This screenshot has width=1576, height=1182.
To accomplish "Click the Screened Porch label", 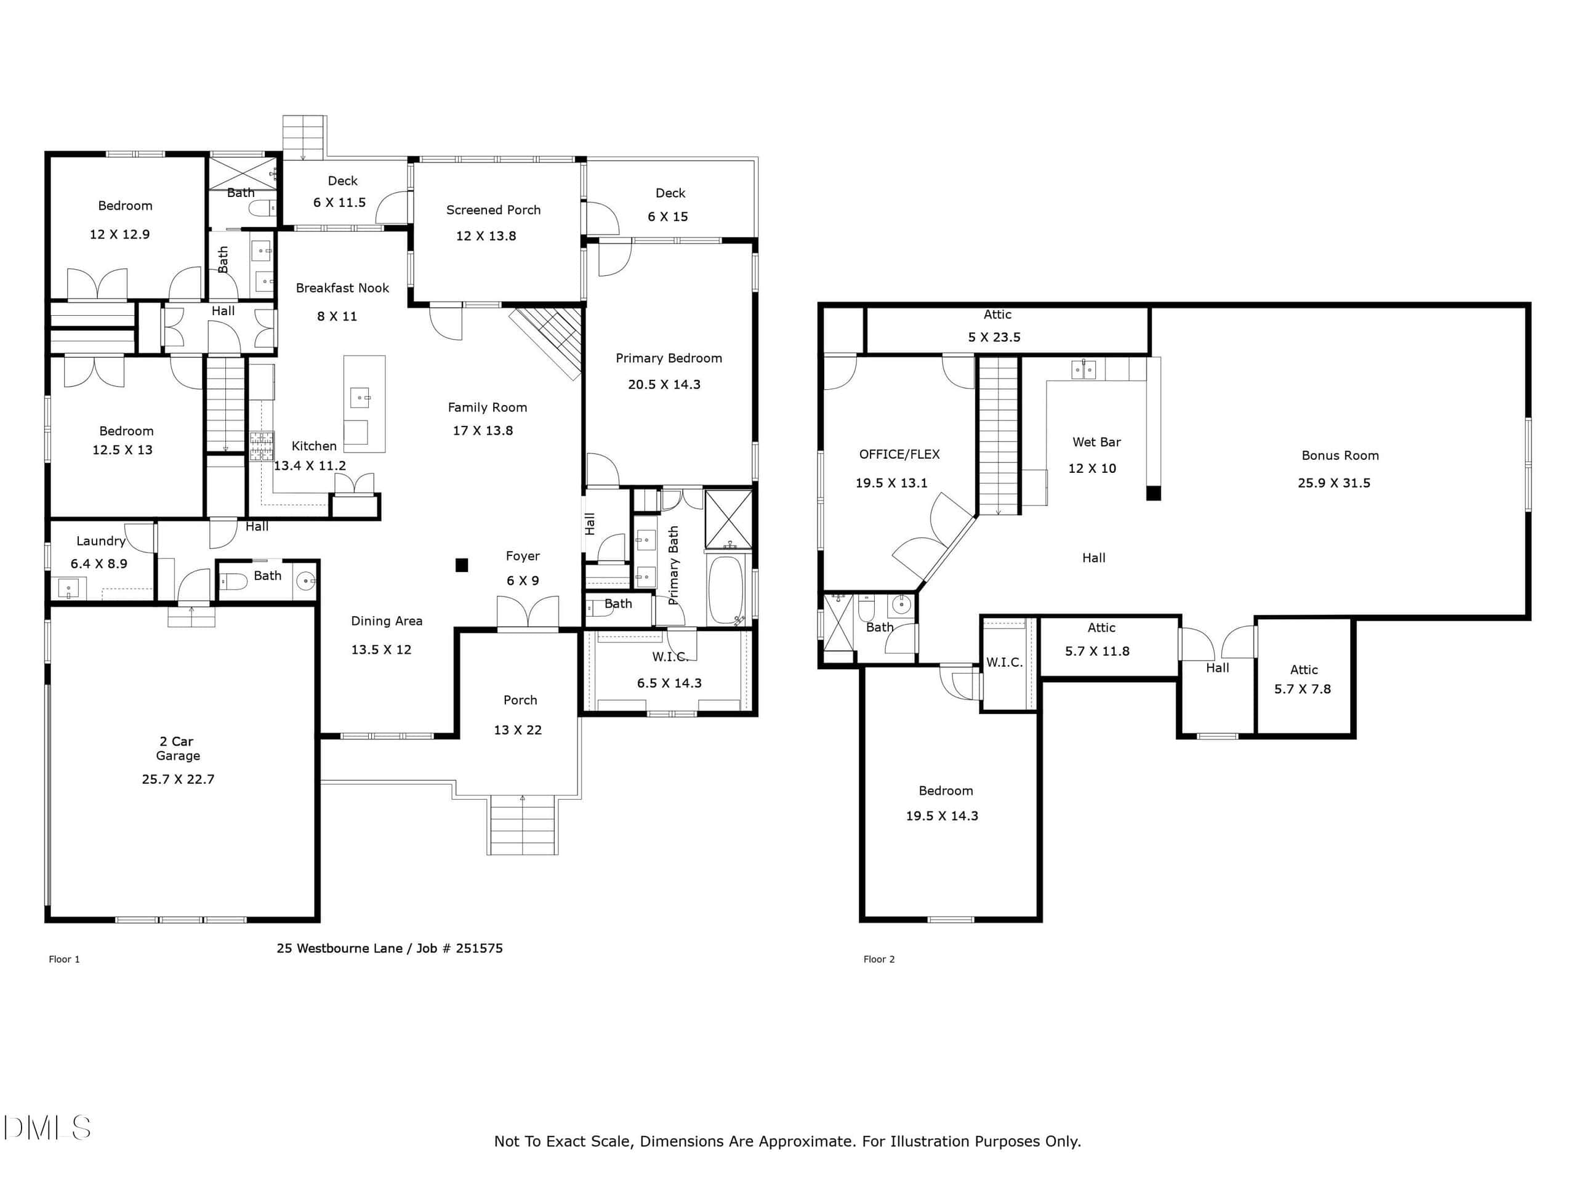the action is point(493,210).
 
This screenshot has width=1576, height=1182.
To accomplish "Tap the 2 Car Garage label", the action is point(178,748).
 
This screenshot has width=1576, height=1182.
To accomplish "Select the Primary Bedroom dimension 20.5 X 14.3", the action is point(664,385).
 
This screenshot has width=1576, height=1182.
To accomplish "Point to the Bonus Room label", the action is point(1340,456).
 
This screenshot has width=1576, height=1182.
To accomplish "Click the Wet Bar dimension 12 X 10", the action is point(1092,468).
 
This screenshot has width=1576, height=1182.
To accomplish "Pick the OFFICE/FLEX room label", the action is point(899,454).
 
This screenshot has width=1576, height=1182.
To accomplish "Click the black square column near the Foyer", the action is point(462,565).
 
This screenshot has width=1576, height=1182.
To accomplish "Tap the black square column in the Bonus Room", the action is point(1154,493).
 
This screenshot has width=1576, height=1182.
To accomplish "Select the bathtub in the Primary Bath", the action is point(726,590).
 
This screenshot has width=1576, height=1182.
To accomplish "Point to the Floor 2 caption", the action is point(879,959).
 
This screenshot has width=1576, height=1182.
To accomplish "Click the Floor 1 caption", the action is point(64,959).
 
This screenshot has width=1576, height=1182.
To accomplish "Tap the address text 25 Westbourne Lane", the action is point(339,948).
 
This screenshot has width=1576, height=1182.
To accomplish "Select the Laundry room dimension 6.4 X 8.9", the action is point(99,563).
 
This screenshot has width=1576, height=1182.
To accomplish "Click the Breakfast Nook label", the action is point(342,288).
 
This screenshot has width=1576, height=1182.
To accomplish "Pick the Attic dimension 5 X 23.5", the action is point(994,337).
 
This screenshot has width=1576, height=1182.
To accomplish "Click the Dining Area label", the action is point(387,621).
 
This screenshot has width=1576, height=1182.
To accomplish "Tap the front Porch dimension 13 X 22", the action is point(518,730).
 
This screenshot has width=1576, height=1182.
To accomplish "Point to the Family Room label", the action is point(488,408).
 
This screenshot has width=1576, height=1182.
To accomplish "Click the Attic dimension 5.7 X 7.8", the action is point(1303,689).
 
